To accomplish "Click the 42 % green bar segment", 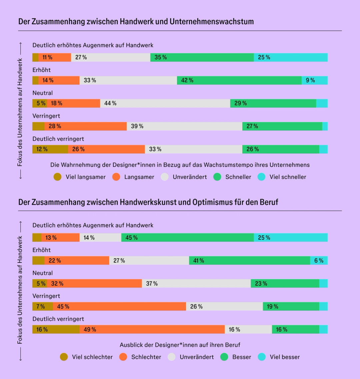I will (x=239, y=80).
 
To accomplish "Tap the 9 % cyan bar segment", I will (x=314, y=80).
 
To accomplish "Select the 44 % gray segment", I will (x=165, y=103).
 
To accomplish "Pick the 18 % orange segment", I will (x=73, y=103).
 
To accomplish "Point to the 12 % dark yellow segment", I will (x=50, y=149).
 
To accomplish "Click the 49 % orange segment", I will (x=152, y=329).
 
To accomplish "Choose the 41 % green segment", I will (x=249, y=260).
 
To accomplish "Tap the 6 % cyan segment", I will (x=319, y=260).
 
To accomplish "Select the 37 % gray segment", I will (x=196, y=283).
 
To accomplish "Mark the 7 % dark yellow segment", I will (x=42, y=306).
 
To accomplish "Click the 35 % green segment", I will (x=202, y=57).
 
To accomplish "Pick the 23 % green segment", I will (x=285, y=283).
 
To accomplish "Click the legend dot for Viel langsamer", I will (x=58, y=177).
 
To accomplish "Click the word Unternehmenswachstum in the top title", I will (x=212, y=22).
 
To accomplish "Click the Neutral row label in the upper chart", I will (x=42, y=93).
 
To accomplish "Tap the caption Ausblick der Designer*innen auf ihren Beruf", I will (x=180, y=345).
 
